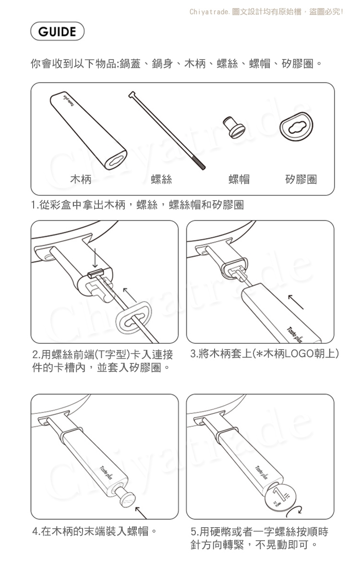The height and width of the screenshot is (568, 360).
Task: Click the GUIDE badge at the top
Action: tap(57, 32)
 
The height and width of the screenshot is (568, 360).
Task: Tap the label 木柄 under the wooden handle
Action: tap(81, 179)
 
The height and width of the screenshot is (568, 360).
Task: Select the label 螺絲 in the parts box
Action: tap(161, 179)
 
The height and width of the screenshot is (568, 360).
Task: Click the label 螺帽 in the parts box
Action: tap(239, 179)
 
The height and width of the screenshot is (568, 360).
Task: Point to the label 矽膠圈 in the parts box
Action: tap(301, 179)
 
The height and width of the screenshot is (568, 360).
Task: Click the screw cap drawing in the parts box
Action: tap(234, 126)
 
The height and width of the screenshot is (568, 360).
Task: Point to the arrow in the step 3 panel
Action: tap(296, 302)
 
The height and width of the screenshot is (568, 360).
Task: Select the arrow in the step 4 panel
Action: tap(141, 513)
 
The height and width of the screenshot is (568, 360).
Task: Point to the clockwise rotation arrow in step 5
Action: tap(293, 511)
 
